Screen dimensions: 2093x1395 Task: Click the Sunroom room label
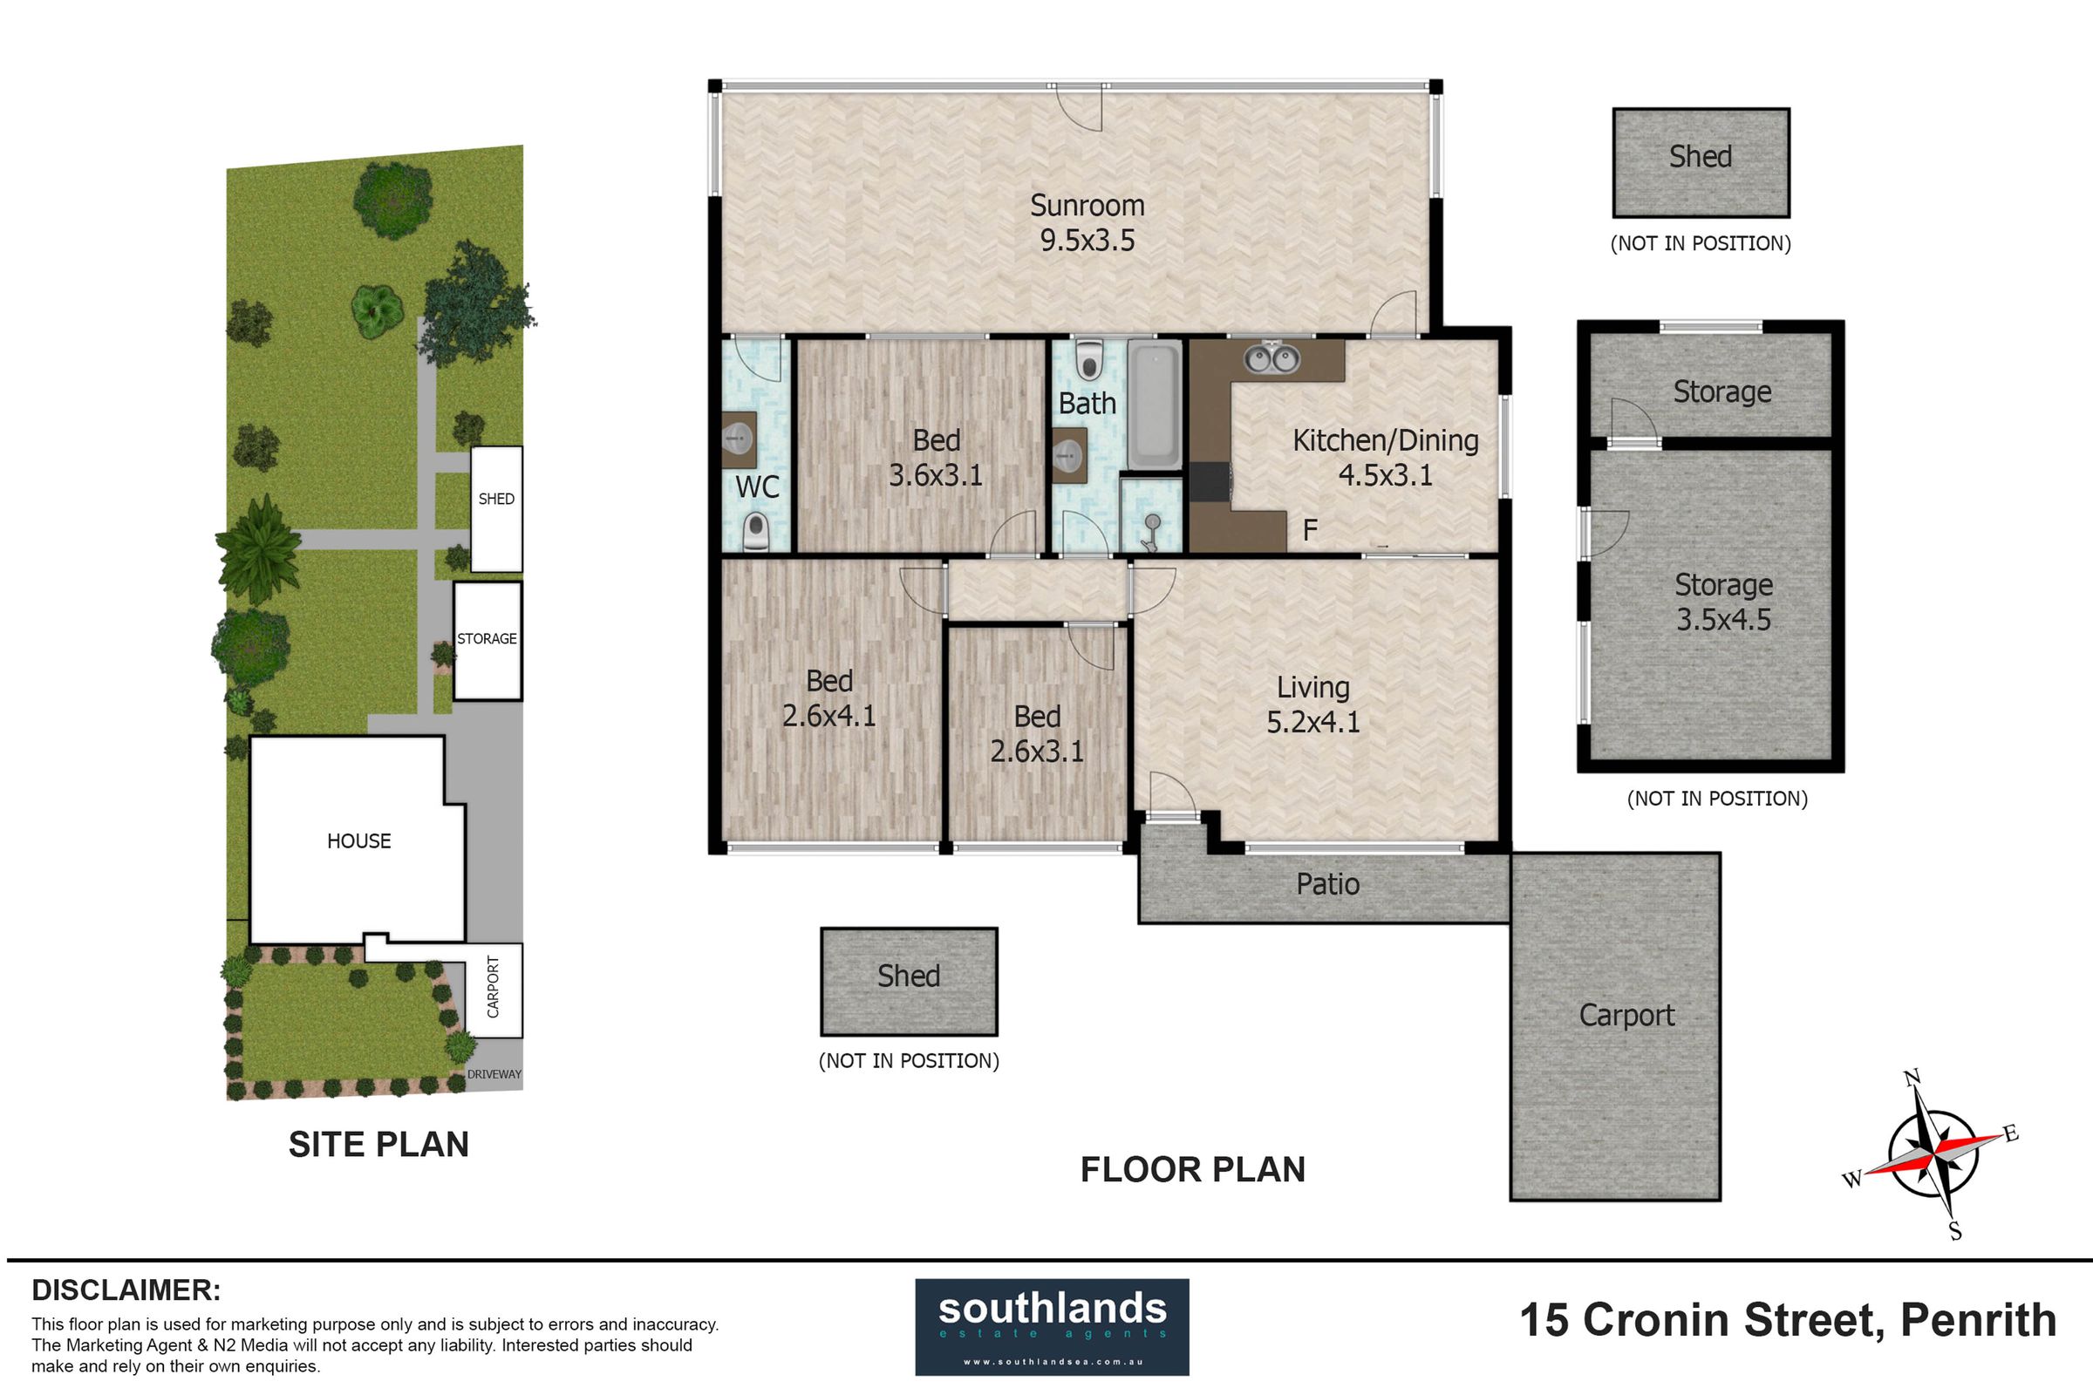coord(1087,206)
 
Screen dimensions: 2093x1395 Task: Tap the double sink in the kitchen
coord(1272,357)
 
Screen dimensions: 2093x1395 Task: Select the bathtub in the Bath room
coord(1154,407)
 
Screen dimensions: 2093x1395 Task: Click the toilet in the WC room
coord(755,532)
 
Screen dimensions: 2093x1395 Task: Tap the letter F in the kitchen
coord(1310,530)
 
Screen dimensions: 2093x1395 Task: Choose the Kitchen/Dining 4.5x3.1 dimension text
coord(1386,475)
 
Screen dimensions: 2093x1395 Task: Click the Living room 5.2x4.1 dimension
coord(1313,722)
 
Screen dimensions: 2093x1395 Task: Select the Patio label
coord(1327,884)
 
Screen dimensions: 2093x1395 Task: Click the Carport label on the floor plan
coord(1626,1016)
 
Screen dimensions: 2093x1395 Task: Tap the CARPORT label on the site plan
coord(493,987)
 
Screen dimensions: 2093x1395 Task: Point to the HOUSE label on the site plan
coord(358,841)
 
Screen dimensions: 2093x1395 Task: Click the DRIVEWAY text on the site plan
coord(494,1074)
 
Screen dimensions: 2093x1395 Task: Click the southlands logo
coord(1052,1327)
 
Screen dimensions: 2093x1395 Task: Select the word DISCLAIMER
coord(126,1290)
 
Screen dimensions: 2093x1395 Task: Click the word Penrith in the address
coord(1978,1320)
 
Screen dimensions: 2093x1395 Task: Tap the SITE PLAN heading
coord(378,1145)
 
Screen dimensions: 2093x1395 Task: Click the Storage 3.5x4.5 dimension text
coord(1724,620)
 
